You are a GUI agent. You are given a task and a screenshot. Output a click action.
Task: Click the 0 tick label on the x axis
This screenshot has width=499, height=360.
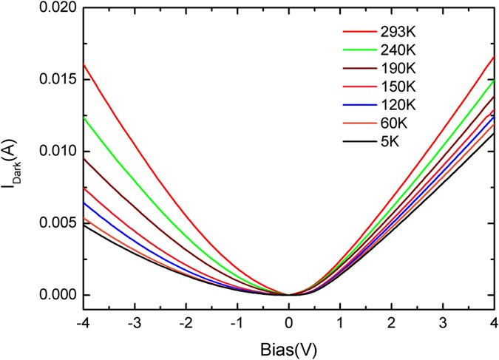click(x=288, y=324)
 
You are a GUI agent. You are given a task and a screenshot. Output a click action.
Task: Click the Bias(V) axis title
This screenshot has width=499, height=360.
click(x=288, y=349)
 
